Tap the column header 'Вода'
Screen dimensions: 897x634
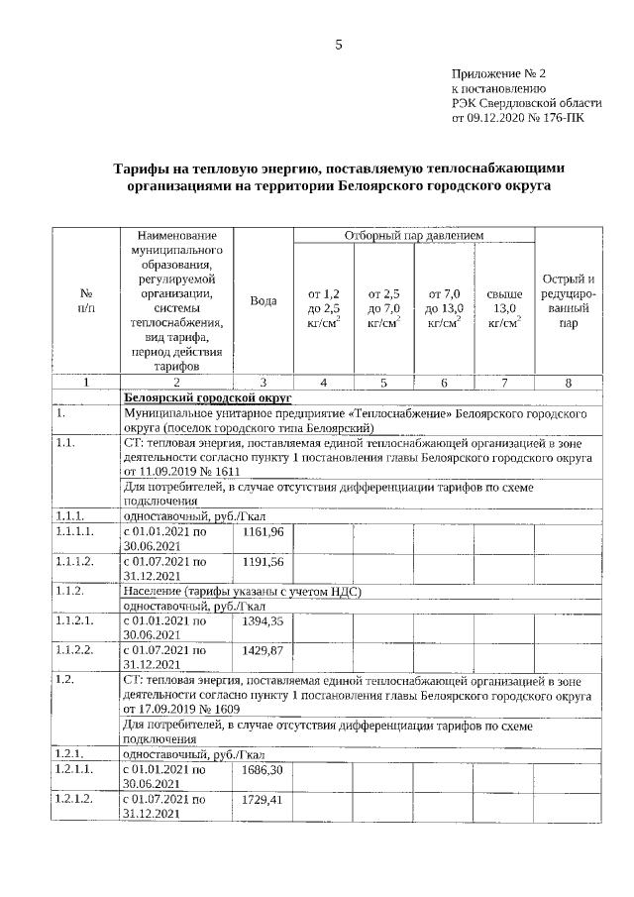coord(264,300)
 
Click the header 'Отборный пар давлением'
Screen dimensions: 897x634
coord(413,235)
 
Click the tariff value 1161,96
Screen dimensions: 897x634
coord(264,532)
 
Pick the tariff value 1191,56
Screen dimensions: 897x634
coord(264,561)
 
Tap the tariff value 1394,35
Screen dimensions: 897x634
coord(264,620)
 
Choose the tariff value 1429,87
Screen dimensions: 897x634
coord(264,649)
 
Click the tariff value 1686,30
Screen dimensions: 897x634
coord(264,769)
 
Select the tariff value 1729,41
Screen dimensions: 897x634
coord(264,798)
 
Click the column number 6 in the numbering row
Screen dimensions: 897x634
coord(444,382)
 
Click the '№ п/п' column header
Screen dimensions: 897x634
coord(85,300)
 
